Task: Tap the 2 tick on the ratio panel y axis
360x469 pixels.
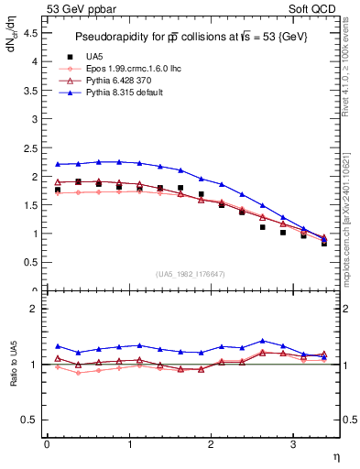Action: [38, 310]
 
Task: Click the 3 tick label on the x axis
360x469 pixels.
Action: [292, 444]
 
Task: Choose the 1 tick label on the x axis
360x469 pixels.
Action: [128, 444]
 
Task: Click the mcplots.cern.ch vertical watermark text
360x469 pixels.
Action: [350, 225]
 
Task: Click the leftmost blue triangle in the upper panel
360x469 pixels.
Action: [57, 164]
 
